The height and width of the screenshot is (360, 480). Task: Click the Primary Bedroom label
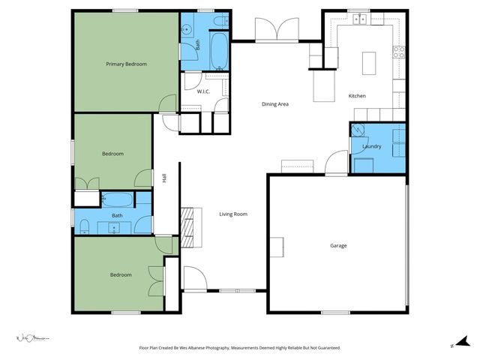tap(126, 64)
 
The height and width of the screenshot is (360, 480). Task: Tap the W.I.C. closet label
tap(203, 91)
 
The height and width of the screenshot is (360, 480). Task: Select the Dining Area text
tap(274, 104)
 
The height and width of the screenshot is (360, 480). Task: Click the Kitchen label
tap(357, 96)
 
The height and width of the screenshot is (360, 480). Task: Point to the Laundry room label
tap(373, 147)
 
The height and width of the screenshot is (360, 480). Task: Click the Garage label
tap(339, 245)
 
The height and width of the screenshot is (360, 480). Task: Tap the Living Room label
tap(233, 214)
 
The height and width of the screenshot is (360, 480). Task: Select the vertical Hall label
tap(163, 178)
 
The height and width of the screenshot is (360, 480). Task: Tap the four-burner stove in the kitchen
tap(399, 52)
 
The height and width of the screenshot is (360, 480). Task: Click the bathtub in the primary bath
tap(219, 50)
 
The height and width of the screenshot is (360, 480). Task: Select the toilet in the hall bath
tap(84, 226)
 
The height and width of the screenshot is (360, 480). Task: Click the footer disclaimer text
tap(240, 348)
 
